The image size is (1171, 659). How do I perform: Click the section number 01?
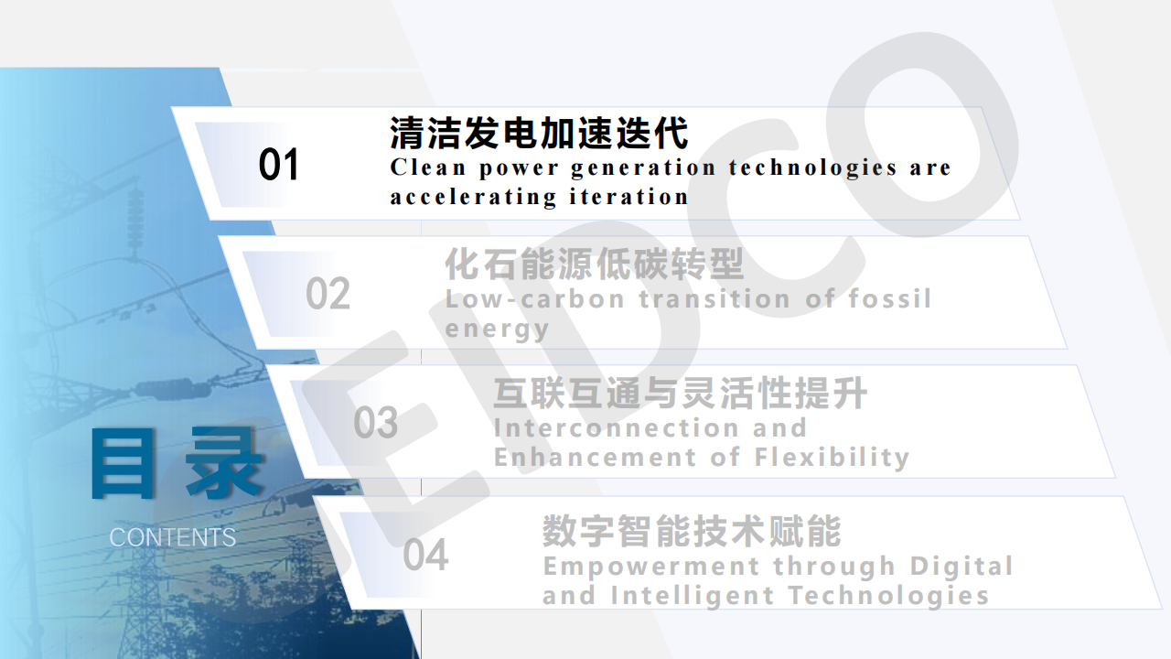tap(279, 164)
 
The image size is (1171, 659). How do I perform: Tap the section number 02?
tap(328, 294)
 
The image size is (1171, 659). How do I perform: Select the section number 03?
tap(375, 423)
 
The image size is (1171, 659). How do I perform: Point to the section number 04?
tap(425, 555)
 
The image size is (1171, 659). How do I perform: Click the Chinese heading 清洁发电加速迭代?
tap(539, 133)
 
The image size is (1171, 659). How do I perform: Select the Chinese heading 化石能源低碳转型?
tap(594, 265)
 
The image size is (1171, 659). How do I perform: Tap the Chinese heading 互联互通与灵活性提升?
tap(680, 394)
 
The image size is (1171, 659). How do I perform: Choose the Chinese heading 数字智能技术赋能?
tap(692, 532)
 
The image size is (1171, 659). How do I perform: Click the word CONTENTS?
tap(173, 537)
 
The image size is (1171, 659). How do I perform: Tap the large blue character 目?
tap(123, 463)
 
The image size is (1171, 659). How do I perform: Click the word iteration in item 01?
tap(628, 197)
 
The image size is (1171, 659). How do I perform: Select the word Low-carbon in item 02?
tap(534, 299)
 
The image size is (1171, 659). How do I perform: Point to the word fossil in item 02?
tap(889, 298)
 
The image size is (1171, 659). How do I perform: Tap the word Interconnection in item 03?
tap(617, 427)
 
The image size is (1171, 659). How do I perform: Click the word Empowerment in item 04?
tap(651, 567)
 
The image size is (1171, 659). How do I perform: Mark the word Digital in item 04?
tap(961, 567)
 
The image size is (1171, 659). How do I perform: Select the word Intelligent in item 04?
tap(693, 597)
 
